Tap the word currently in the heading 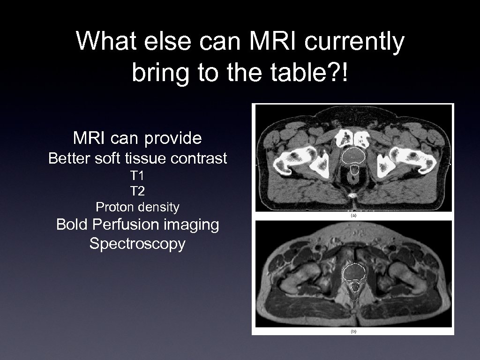354,42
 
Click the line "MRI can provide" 137,138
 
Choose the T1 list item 137,176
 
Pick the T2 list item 137,191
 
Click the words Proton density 137,206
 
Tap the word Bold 72,225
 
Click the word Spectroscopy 137,244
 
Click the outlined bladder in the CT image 353,156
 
